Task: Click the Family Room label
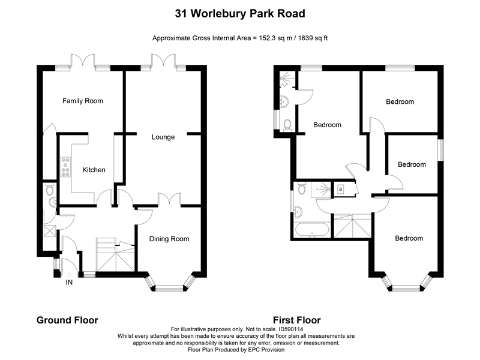point(83,101)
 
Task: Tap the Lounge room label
point(163,137)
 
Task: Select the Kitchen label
point(94,170)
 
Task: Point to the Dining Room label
point(169,239)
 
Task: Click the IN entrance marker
point(70,282)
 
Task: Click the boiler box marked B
point(341,190)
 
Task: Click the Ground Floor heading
point(67,320)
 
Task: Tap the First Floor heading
point(296,320)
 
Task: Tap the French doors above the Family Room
point(83,61)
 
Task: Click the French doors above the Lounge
point(163,61)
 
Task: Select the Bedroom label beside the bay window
point(409,238)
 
